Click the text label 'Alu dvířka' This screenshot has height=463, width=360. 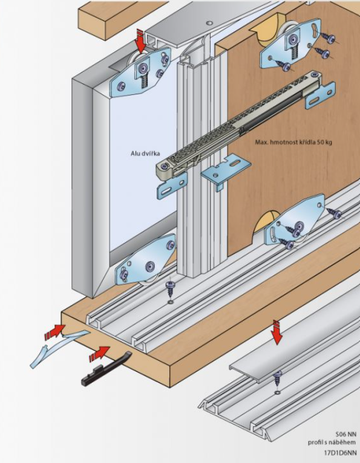click(x=145, y=154)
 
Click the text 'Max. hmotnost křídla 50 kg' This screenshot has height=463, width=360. click(x=293, y=142)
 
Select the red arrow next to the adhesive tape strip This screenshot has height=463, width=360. click(x=55, y=332)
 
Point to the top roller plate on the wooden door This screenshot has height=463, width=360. click(x=291, y=44)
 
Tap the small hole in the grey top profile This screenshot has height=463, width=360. click(x=209, y=23)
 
